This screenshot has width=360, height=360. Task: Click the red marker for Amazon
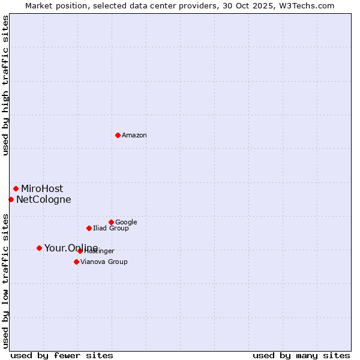click(x=118, y=135)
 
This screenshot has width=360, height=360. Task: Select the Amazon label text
click(x=134, y=136)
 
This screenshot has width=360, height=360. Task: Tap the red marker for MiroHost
click(x=16, y=188)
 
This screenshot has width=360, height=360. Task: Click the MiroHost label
click(x=42, y=189)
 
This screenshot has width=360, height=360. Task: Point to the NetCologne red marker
click(x=11, y=199)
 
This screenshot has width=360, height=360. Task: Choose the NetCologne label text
click(x=44, y=200)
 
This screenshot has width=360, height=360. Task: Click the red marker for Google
click(x=111, y=222)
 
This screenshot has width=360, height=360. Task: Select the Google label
click(x=126, y=223)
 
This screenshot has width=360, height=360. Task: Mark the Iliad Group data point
click(x=89, y=228)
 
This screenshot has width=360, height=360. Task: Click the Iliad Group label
click(x=111, y=229)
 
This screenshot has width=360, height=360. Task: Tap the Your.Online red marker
click(x=39, y=248)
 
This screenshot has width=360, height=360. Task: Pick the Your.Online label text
click(x=71, y=248)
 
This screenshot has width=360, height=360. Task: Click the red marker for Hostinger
click(x=80, y=251)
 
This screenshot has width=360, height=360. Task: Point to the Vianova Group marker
click(x=76, y=262)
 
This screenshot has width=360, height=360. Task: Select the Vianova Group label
click(x=104, y=262)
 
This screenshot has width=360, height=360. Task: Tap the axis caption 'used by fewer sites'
click(x=62, y=355)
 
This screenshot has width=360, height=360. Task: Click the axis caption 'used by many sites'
click(x=301, y=355)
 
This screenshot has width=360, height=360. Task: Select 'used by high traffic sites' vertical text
click(x=5, y=85)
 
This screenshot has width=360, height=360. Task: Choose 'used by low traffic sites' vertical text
click(x=5, y=280)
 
